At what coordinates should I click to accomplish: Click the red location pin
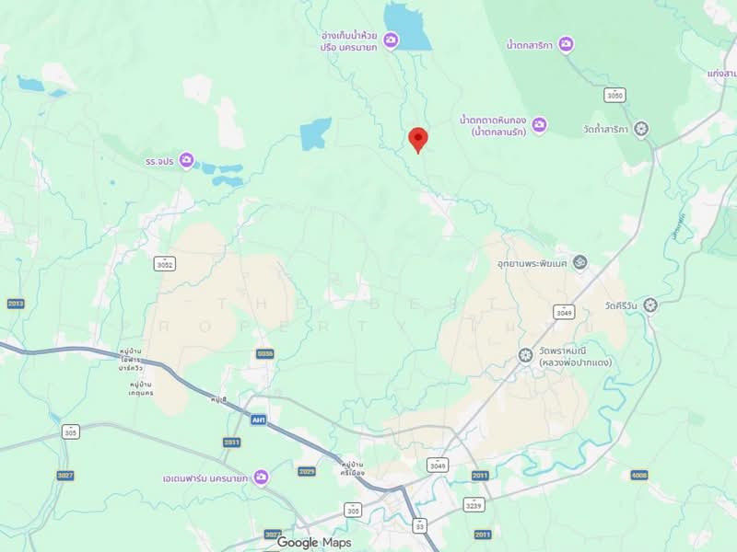coord(418,139)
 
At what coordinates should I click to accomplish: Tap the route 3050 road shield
coord(615,95)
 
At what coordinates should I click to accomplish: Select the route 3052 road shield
coord(164,264)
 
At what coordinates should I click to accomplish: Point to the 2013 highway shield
coord(15,304)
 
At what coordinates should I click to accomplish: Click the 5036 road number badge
coord(265,353)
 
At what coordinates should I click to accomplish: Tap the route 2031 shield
coord(231,443)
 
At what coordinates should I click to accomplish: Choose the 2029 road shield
coord(307,471)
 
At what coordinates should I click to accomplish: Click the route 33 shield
coord(420,525)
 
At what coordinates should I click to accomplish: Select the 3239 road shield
coord(474,505)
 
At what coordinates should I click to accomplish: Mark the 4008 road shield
coord(639,475)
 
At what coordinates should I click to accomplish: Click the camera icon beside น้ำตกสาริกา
coord(566,43)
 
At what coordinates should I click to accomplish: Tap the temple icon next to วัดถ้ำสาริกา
coord(642,129)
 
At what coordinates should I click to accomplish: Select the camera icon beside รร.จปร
coord(186,161)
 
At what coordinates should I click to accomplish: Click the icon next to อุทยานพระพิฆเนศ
coord(580,263)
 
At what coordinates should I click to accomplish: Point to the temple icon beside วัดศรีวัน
coord(651,305)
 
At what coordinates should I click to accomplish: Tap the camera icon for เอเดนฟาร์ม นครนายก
coord(262,477)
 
